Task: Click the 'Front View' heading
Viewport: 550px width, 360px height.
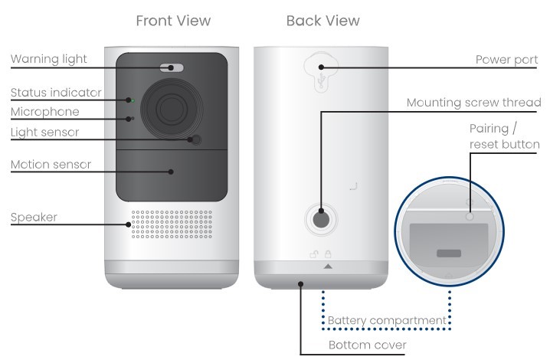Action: (x=173, y=21)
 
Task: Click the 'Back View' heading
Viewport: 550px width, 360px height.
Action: (x=322, y=21)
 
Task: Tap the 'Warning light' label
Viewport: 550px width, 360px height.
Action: (x=48, y=59)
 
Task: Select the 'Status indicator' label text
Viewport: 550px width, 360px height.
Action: (x=56, y=93)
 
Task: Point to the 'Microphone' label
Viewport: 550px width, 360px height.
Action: (x=44, y=113)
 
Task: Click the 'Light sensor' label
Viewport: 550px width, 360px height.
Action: (x=44, y=132)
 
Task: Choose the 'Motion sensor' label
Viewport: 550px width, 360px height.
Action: (x=51, y=165)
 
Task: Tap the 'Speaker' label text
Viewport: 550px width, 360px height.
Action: (x=34, y=218)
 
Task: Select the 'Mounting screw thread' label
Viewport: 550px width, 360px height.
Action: (x=472, y=102)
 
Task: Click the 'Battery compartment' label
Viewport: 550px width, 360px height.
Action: (x=387, y=319)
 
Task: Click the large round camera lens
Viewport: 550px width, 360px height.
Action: (x=172, y=107)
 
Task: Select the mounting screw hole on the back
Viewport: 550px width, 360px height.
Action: (x=321, y=219)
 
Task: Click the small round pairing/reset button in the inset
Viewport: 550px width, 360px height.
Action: (x=470, y=218)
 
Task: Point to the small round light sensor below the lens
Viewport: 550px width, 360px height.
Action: (x=196, y=140)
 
